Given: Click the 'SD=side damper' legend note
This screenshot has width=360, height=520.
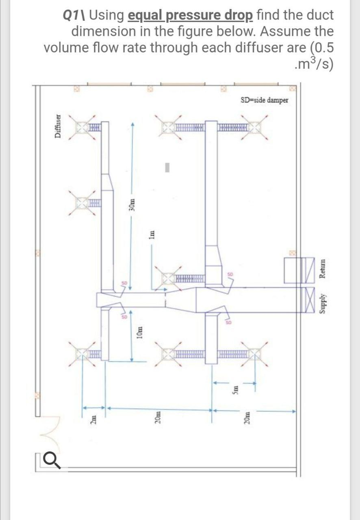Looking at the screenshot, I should click(264, 100).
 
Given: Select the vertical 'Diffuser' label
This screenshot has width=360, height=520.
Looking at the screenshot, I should click(59, 126).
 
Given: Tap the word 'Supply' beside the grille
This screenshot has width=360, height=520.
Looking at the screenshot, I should click(323, 301).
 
